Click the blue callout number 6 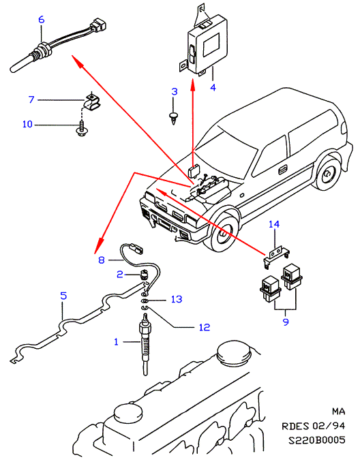click(x=42, y=20)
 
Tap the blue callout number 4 click(x=213, y=87)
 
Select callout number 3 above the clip click(x=175, y=91)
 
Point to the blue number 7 click(x=31, y=99)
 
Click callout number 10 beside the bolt click(x=27, y=124)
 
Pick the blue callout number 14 click(x=274, y=224)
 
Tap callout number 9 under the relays click(x=286, y=322)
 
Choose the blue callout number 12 click(x=205, y=327)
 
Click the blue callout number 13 click(x=177, y=299)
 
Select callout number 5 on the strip click(x=63, y=296)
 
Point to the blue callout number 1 click(x=116, y=342)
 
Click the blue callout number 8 click(x=101, y=260)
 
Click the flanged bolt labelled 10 click(x=81, y=129)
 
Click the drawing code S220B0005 click(x=317, y=440)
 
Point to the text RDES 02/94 click(x=313, y=426)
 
